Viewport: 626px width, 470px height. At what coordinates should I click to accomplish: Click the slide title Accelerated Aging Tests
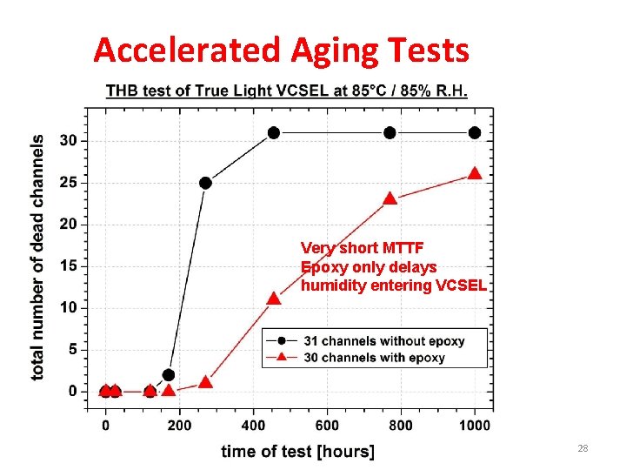coord(281,50)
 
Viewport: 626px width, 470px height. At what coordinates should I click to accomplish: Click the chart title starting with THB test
coord(286,91)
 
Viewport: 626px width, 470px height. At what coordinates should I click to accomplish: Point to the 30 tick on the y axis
coord(68,140)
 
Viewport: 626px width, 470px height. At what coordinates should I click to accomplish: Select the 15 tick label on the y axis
coord(68,266)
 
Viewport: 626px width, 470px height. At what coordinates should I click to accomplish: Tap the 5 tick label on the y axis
coord(72,350)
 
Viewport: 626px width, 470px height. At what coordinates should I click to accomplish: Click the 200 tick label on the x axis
coord(179,426)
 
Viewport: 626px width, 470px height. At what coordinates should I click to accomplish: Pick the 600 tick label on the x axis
coord(327,426)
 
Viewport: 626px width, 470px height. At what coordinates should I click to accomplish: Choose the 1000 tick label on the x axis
coord(474,426)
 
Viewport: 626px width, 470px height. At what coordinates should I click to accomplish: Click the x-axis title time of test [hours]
coord(297,451)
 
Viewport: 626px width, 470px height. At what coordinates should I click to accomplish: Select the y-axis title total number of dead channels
coord(38,257)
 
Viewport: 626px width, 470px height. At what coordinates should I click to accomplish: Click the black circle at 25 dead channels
coord(205,183)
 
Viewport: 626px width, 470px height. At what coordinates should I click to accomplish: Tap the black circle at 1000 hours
coord(475,132)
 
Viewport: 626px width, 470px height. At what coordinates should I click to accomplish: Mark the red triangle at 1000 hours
coord(475,173)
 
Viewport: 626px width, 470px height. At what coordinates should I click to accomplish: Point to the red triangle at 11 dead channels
coord(274,299)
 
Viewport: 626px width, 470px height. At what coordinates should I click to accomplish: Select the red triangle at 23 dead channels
coord(390,198)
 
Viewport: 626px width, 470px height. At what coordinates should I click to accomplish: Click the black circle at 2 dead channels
coord(169,375)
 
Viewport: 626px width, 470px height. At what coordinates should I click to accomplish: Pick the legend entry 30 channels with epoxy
coord(374,358)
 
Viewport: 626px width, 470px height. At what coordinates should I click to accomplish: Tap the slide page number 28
coord(583,448)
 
